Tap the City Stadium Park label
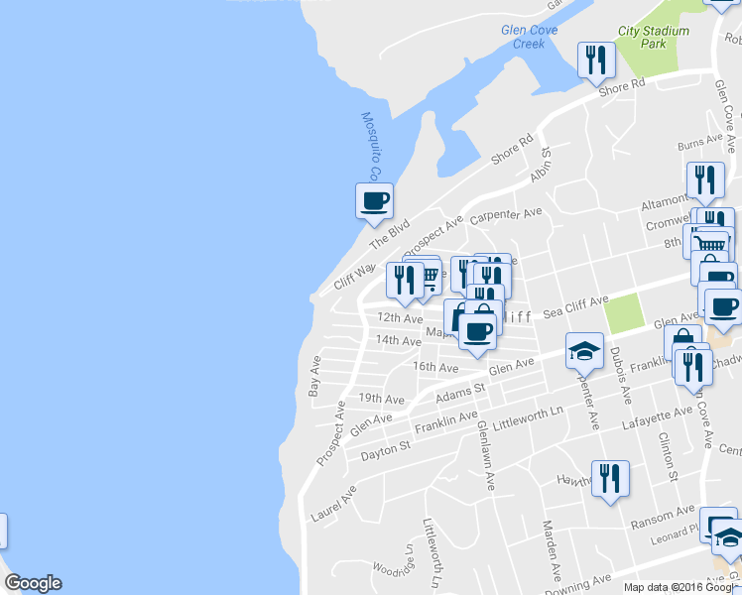(653, 37)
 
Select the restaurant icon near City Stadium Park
(596, 60)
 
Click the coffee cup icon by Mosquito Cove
(374, 200)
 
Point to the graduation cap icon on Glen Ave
(585, 349)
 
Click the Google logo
(33, 583)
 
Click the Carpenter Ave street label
(506, 215)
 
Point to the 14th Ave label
(399, 340)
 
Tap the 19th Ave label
(382, 399)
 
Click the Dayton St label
(385, 450)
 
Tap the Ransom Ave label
(672, 513)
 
